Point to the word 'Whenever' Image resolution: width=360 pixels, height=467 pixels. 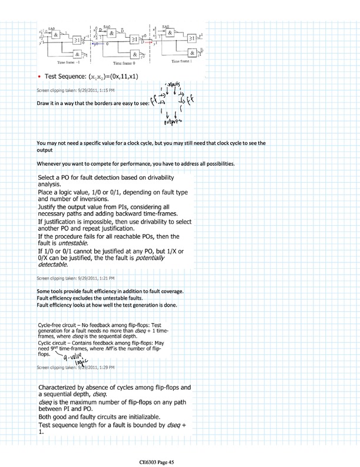click(49, 163)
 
